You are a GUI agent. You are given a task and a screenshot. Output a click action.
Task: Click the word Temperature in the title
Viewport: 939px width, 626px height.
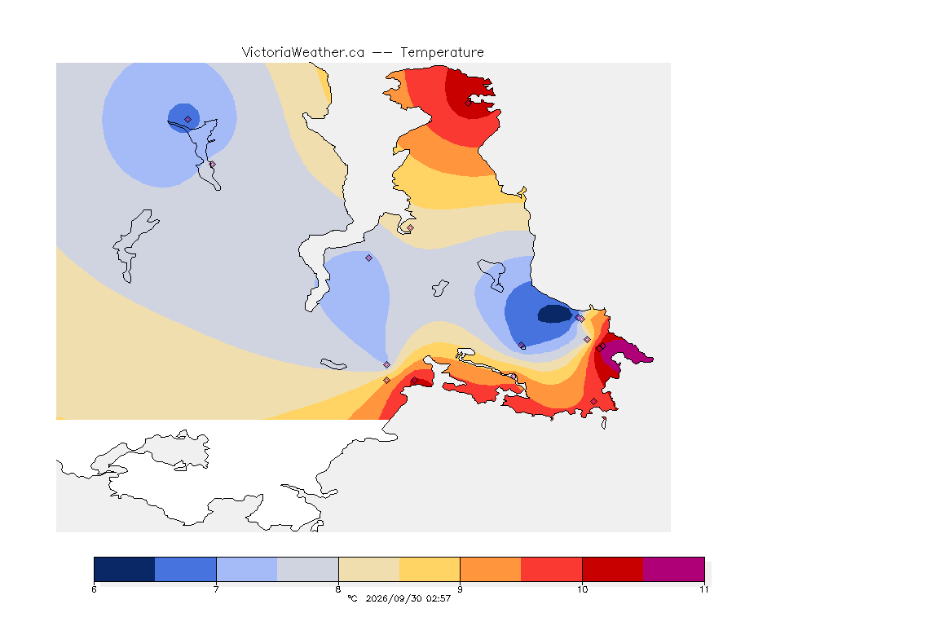(x=442, y=53)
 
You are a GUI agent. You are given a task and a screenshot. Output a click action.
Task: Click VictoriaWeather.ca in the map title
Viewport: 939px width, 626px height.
(x=303, y=53)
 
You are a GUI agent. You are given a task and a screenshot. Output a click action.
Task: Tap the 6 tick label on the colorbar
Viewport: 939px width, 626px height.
(x=94, y=589)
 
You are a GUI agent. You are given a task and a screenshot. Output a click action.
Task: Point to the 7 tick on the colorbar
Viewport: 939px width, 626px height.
(x=216, y=589)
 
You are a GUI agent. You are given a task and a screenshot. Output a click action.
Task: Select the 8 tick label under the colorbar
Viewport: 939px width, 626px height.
(x=338, y=589)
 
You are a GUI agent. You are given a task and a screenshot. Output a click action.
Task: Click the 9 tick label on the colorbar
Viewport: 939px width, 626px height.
(x=460, y=589)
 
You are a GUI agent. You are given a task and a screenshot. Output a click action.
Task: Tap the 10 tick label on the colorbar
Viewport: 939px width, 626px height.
(x=582, y=589)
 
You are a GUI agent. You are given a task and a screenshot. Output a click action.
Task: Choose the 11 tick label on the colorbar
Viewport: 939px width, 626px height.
(x=703, y=589)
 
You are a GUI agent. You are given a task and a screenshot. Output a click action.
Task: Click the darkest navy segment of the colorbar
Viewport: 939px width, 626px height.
(x=125, y=569)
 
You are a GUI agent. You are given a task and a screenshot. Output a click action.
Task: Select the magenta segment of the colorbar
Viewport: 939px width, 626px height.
(x=674, y=569)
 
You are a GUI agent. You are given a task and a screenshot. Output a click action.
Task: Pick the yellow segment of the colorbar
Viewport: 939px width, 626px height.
(x=430, y=569)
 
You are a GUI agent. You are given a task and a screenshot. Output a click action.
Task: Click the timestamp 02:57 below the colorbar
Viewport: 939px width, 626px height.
(x=439, y=598)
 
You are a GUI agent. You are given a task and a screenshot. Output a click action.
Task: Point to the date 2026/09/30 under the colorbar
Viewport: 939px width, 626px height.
(x=394, y=598)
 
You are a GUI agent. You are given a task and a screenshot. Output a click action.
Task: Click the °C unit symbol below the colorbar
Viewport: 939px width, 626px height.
(x=353, y=598)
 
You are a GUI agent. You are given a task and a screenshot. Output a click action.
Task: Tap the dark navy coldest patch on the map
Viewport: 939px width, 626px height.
(x=555, y=314)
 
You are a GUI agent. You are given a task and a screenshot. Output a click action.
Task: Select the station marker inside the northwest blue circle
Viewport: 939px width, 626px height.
(x=188, y=120)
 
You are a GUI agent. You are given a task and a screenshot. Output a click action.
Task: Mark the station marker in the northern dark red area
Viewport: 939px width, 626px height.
(x=469, y=103)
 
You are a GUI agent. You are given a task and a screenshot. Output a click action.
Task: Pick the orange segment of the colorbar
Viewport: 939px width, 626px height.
(x=491, y=569)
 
